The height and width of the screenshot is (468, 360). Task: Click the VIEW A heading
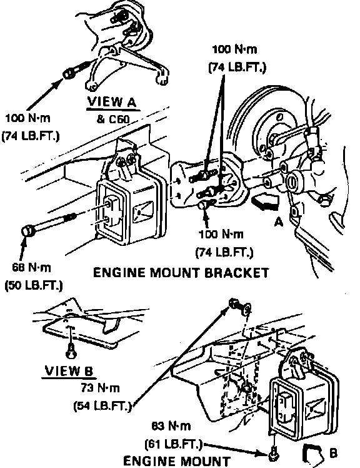[x=112, y=103]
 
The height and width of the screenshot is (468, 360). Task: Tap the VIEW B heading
[x=69, y=371]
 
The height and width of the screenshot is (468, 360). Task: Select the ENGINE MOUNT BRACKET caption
[x=181, y=273]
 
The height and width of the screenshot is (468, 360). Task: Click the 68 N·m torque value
[x=32, y=267]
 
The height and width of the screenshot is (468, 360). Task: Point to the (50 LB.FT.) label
[x=34, y=286]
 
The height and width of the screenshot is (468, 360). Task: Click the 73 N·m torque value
[x=100, y=388]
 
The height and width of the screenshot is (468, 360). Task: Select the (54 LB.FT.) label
[x=102, y=406]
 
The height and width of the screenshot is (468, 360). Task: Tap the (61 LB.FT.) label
[x=173, y=444]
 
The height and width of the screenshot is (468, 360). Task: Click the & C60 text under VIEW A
[x=113, y=120]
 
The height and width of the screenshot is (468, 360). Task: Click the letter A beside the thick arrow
[x=278, y=222]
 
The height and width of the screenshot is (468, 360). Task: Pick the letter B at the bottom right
[x=334, y=453]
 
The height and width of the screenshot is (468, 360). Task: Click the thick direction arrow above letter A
[x=265, y=202]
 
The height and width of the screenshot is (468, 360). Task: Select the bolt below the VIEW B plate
[x=71, y=352]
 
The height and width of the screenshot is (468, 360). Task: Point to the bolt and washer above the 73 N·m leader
[x=240, y=307]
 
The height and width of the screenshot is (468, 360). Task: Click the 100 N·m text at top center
[x=234, y=49]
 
